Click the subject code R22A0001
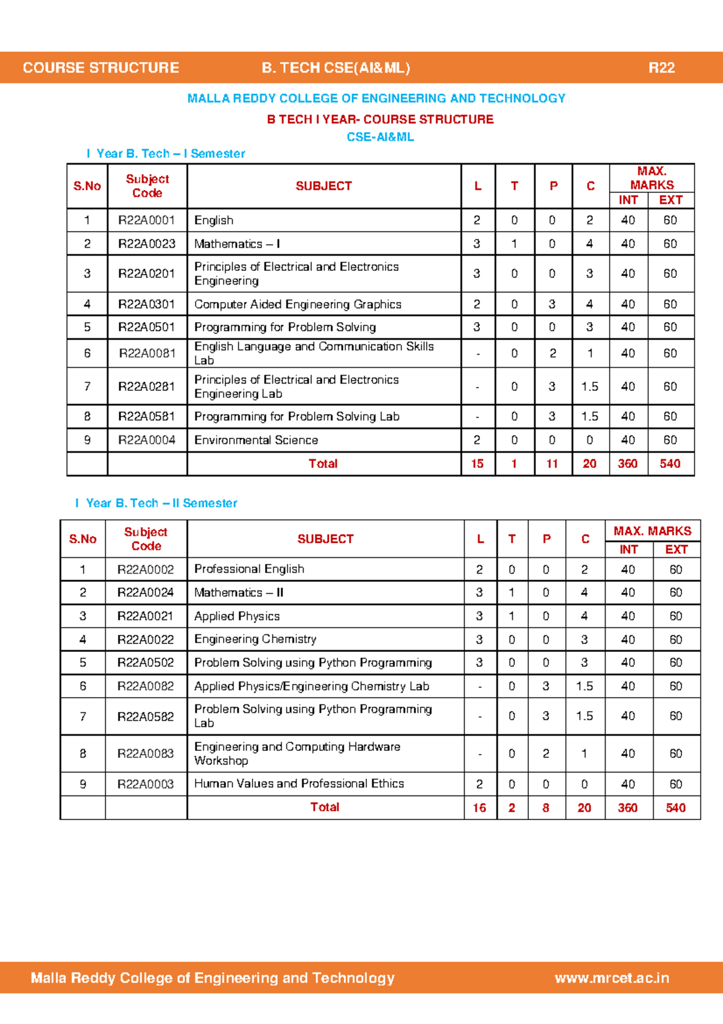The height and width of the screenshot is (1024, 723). click(146, 220)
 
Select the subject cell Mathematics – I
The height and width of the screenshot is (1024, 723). click(237, 244)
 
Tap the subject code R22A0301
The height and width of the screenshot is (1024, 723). click(146, 304)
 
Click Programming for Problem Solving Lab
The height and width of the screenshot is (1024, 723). click(296, 417)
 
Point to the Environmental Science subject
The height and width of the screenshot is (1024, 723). click(256, 440)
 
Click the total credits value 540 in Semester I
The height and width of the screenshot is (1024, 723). click(670, 464)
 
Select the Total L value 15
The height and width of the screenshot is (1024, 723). click(477, 464)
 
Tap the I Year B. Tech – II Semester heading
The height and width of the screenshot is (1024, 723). click(157, 503)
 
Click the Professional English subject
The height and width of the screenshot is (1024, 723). click(249, 569)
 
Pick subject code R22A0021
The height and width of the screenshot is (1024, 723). click(145, 616)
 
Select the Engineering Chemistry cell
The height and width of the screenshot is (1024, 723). click(255, 639)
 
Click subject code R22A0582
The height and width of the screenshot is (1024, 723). click(145, 716)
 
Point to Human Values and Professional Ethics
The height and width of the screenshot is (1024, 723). click(299, 783)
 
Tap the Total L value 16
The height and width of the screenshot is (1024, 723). click(480, 808)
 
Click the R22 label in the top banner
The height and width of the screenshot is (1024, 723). click(661, 68)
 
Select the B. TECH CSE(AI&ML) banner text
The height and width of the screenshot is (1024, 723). click(336, 68)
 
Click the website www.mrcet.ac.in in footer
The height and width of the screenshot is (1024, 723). click(612, 978)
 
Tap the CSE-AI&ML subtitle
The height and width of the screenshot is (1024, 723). click(380, 137)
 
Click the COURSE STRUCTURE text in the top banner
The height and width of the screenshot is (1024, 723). click(101, 68)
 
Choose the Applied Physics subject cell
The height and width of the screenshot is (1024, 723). click(237, 616)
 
